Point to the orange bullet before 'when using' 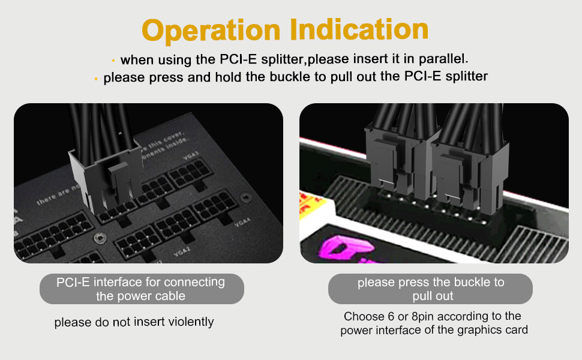pos(113,61)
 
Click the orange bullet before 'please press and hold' pos(96,78)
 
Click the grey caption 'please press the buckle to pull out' pos(430,289)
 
